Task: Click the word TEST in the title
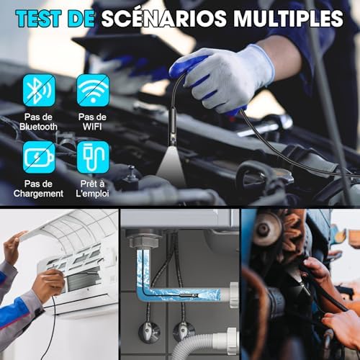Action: (x=38, y=18)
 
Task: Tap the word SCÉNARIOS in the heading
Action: (x=164, y=18)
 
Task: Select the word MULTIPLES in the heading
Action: (x=288, y=18)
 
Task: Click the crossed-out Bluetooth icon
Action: (x=39, y=90)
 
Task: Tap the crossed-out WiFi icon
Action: (x=93, y=90)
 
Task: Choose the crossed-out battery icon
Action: (x=39, y=157)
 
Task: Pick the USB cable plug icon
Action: (x=93, y=157)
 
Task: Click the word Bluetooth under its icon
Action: (x=38, y=127)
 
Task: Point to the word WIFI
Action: (x=92, y=127)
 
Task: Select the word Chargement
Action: (x=38, y=194)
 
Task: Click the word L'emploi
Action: (x=92, y=194)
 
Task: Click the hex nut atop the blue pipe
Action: (x=144, y=242)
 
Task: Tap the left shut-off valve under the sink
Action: (x=149, y=330)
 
